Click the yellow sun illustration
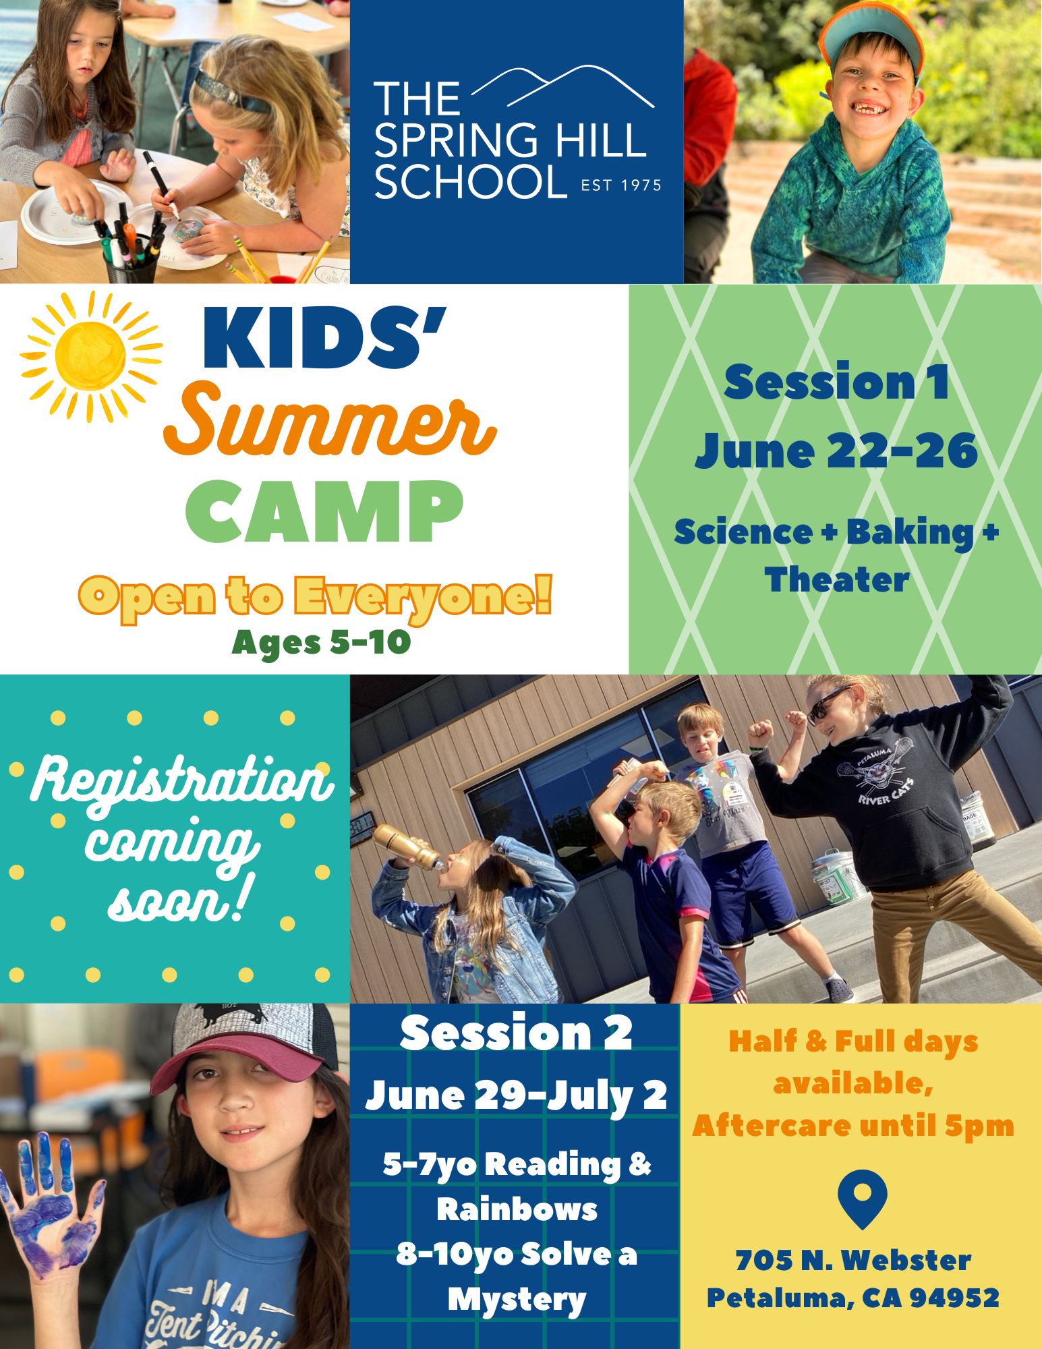(91, 355)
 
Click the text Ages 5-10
(321, 642)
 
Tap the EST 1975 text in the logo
(621, 185)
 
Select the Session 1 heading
(836, 382)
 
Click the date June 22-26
(836, 451)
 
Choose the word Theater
(837, 580)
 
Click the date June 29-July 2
(516, 1095)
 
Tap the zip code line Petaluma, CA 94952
(852, 1297)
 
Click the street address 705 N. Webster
(853, 1259)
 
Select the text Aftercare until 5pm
(853, 1125)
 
